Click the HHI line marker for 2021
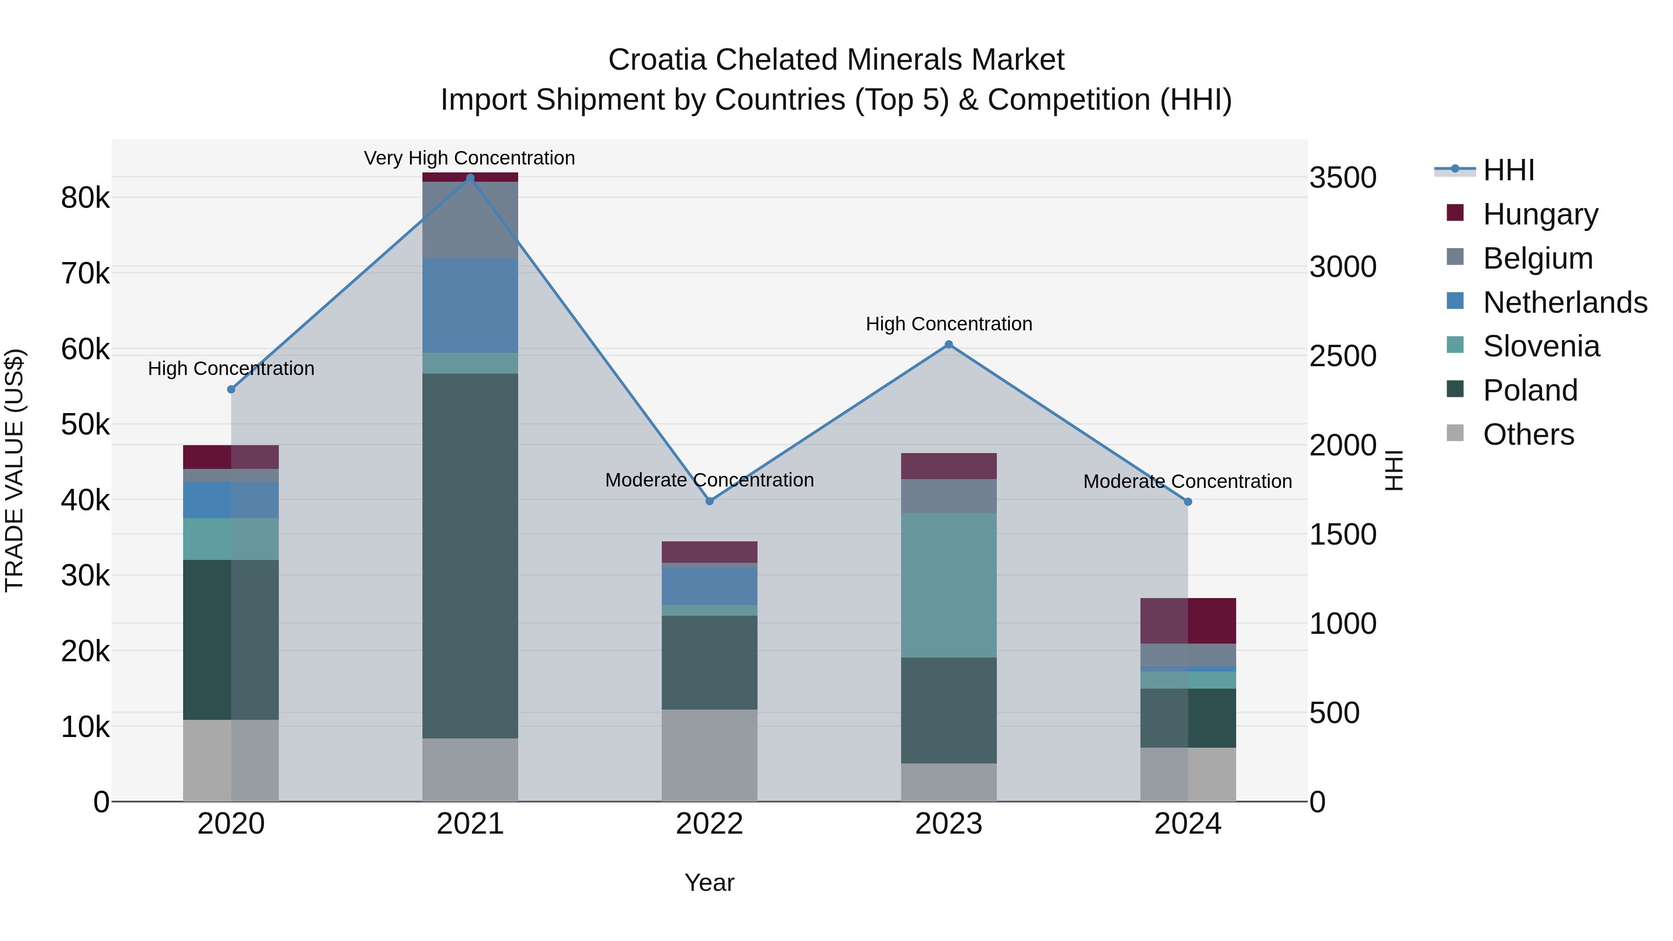pos(470,178)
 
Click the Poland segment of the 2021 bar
pos(470,555)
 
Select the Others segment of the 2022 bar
pos(709,755)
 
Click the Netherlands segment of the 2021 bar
pos(470,306)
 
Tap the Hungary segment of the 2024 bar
pos(1188,621)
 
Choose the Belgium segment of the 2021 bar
pos(470,220)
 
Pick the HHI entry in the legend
pos(1508,170)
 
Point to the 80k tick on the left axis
pos(86,198)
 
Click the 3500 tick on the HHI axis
pos(1343,178)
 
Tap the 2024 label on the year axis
pos(1188,824)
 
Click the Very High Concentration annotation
pos(469,158)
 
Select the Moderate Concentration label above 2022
pos(709,480)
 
